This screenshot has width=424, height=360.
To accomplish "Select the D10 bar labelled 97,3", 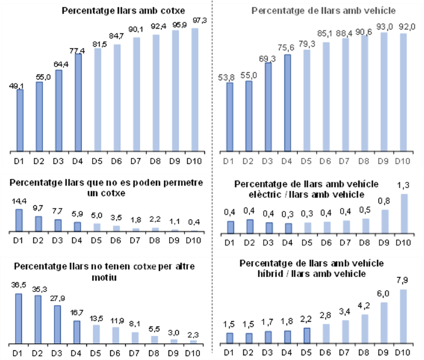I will pyautogui.click(x=194, y=88).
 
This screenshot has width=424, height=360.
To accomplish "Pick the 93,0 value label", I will pyautogui.click(x=384, y=27).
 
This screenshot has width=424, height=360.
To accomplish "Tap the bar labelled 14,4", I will pyautogui.click(x=20, y=221).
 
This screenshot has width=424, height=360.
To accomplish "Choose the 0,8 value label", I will pyautogui.click(x=384, y=200).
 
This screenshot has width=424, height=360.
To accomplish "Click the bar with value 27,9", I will pyautogui.click(x=59, y=324).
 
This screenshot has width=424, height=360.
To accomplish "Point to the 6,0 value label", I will pyautogui.click(x=384, y=294).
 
